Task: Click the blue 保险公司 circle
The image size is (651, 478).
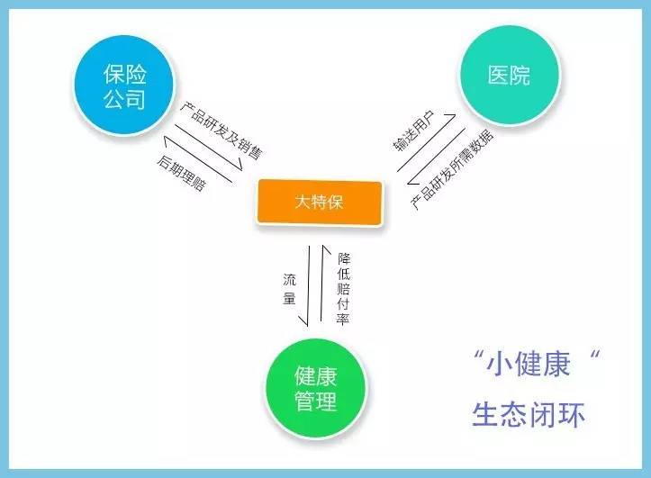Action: point(124,86)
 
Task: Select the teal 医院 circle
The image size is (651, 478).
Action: point(510,75)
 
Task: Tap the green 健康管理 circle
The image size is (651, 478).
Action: point(316,389)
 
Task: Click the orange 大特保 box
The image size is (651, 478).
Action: point(319,202)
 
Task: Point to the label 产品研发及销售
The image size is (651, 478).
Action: point(222,131)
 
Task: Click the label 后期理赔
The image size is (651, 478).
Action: point(181,173)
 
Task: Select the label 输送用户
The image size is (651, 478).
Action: point(413,131)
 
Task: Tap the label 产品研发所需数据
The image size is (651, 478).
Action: point(452,169)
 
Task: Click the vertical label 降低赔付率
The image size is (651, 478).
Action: point(343,288)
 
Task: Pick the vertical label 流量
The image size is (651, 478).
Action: point(289,289)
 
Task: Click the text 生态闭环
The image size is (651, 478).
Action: point(529,414)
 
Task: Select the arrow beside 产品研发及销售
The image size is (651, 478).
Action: point(208,148)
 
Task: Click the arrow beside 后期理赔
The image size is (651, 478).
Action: point(197,159)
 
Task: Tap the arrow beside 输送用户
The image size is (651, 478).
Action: point(427,142)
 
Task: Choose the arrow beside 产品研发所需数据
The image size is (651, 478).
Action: point(436,156)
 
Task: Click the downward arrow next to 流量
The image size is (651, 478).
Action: point(309,286)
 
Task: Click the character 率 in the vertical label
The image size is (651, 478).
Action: point(343,319)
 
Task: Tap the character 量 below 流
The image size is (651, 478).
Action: point(289,298)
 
